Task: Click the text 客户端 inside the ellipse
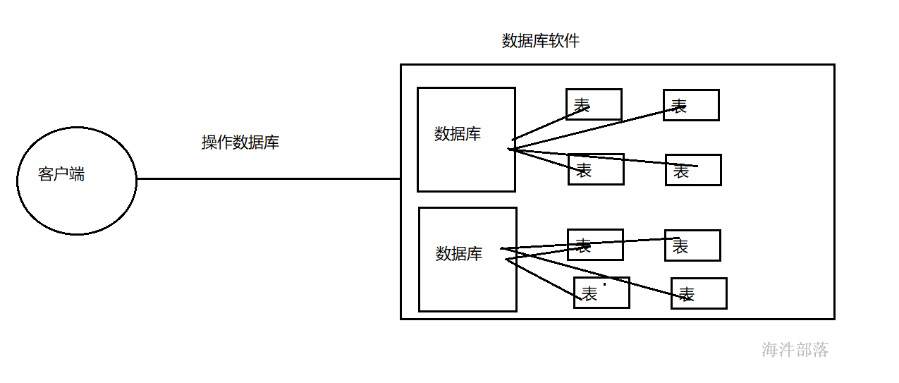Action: coord(61,175)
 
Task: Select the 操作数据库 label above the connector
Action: coord(240,142)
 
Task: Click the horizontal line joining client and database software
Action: coord(268,178)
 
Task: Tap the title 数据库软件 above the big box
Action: coord(540,41)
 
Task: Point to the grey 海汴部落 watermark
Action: coord(795,350)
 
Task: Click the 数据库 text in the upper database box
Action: coord(458,134)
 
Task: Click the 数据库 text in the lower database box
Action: coord(459,254)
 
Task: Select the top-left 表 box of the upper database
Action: coord(594,104)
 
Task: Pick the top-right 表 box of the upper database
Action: coord(691,105)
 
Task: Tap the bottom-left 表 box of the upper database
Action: coord(596,169)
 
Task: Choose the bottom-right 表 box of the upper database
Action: coord(693,170)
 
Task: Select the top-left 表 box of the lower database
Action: coord(595,245)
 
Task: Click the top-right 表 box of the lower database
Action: coord(692,245)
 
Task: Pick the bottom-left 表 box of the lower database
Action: coord(601,293)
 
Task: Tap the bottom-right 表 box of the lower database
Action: coord(699,293)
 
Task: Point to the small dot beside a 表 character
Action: coord(604,284)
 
